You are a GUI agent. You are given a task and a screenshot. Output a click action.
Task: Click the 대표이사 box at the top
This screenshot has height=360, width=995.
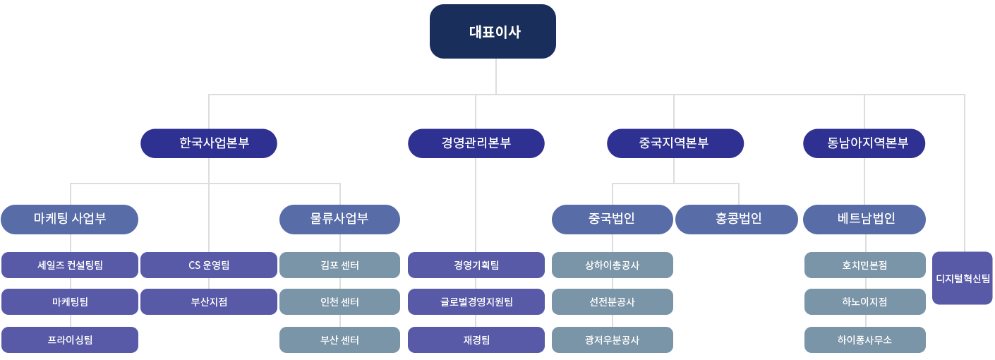point(493,32)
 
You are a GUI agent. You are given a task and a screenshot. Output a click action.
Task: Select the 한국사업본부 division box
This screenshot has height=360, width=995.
point(209,143)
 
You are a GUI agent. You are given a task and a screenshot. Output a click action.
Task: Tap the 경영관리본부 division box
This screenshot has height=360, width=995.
point(476,143)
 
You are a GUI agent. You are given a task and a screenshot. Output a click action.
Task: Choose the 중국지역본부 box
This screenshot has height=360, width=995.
point(675,143)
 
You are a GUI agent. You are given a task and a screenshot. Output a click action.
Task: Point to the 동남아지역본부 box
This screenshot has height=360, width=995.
point(864,143)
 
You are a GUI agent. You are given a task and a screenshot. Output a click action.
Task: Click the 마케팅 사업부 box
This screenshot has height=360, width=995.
point(70,219)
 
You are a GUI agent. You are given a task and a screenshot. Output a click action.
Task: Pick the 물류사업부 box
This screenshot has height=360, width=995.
point(339,219)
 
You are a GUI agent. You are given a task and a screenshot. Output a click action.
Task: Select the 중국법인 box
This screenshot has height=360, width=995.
point(612,219)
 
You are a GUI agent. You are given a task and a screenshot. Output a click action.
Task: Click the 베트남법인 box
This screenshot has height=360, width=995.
point(864,219)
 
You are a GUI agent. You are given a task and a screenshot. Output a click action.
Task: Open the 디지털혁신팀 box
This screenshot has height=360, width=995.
point(963,278)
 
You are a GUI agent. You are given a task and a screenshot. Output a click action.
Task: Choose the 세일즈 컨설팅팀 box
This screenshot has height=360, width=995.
point(70,265)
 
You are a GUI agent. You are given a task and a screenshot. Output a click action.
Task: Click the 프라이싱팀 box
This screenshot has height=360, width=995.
point(70,340)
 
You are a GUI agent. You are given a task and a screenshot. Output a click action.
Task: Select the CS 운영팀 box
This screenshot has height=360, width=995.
point(209,265)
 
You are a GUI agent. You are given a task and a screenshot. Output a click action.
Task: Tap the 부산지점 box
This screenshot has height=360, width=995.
point(209,302)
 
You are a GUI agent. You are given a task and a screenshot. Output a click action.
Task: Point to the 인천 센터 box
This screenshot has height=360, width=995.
point(339,302)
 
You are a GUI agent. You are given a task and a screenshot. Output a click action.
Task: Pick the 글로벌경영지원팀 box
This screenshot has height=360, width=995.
point(476,302)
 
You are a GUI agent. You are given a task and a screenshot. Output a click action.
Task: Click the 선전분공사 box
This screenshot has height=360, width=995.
point(612,302)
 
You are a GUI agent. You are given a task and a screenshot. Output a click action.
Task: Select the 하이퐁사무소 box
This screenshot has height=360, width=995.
point(864,340)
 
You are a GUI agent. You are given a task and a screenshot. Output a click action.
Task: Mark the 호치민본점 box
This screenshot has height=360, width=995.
point(864,265)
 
